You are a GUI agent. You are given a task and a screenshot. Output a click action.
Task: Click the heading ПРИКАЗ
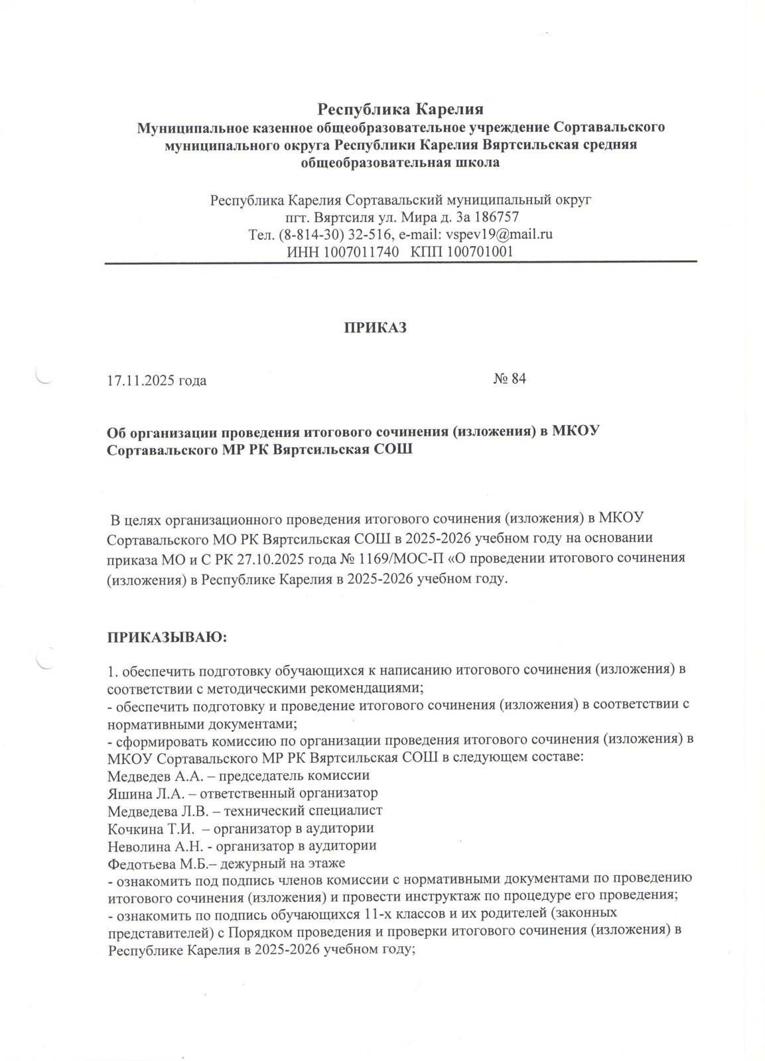374,327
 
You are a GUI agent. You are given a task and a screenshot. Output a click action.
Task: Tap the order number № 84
510,379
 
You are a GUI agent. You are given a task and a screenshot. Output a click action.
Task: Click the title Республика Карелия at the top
400,107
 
